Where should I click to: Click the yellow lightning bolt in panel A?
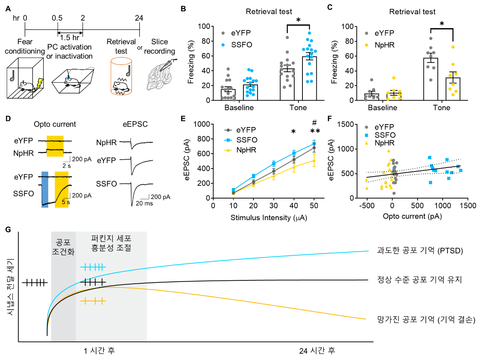click(40, 84)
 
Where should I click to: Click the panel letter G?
click(8, 230)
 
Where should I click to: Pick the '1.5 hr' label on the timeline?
click(70, 38)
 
